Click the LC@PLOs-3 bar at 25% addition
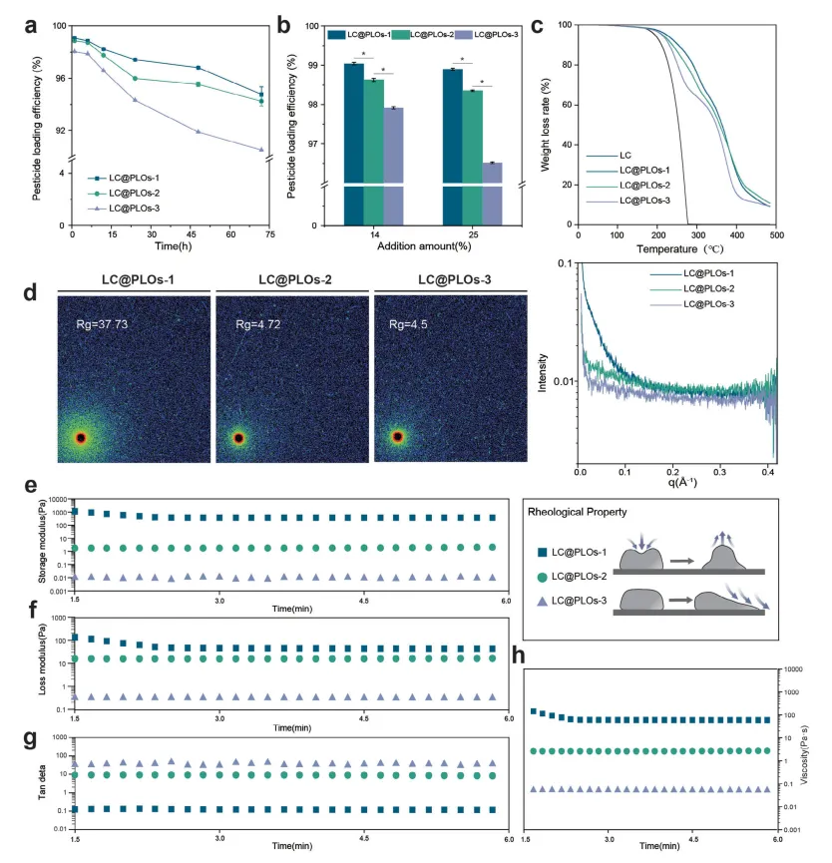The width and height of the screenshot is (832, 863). (x=492, y=194)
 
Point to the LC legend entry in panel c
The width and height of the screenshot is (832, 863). (x=625, y=156)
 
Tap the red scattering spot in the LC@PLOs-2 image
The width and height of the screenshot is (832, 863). (x=238, y=437)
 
